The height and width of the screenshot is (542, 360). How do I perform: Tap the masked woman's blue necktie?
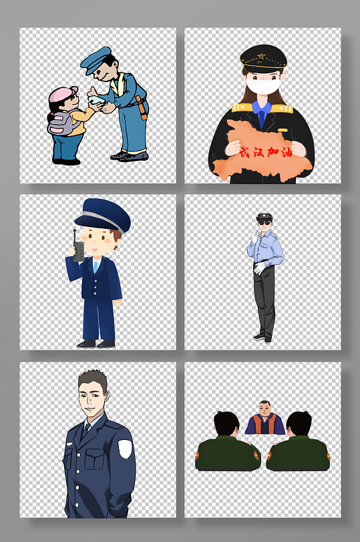point(262,118)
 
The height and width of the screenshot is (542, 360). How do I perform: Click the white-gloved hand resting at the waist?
point(258,268)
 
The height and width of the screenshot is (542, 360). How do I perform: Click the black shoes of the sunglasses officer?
point(262,338)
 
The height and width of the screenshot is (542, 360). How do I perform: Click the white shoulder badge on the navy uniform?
point(124,448)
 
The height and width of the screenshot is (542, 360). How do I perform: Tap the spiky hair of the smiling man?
point(92,380)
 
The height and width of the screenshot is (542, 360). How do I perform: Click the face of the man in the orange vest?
point(264,409)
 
